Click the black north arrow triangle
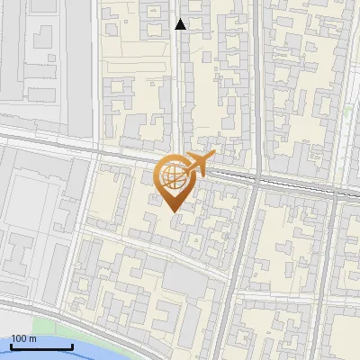(x=181, y=24)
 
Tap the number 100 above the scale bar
(x=19, y=338)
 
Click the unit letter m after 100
(x=32, y=338)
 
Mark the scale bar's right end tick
(x=72, y=346)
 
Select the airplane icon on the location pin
(x=197, y=165)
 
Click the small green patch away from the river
(x=348, y=112)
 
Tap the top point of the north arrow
(x=181, y=19)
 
